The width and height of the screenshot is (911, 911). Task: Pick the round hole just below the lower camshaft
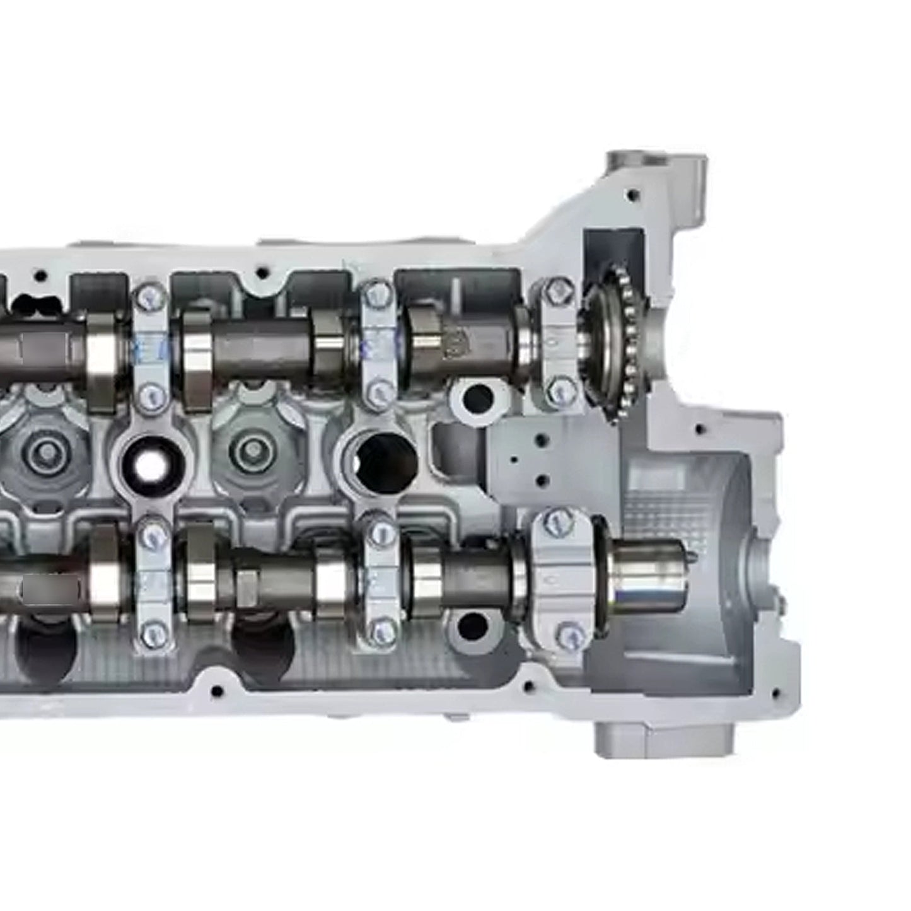click(473, 625)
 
